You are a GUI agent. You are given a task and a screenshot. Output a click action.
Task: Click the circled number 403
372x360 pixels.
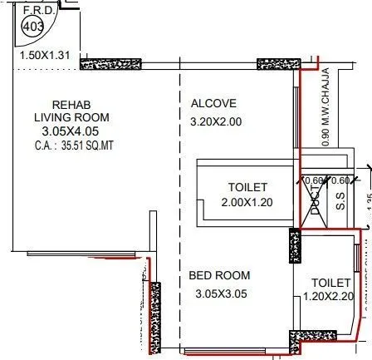click(32, 27)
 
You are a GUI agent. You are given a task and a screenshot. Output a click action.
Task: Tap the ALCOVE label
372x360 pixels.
click(213, 104)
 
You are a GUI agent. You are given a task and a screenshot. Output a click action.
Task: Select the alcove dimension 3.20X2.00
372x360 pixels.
click(217, 121)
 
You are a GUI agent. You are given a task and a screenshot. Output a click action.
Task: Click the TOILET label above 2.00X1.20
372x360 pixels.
click(247, 188)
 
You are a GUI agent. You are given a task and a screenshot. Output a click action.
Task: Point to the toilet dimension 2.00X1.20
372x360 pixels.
click(247, 202)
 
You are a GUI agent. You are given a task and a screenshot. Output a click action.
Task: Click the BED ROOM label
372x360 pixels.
click(219, 275)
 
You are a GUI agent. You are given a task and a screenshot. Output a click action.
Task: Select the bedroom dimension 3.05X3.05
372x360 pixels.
click(221, 293)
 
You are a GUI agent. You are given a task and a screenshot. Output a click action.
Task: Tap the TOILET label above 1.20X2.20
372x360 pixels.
click(331, 283)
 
